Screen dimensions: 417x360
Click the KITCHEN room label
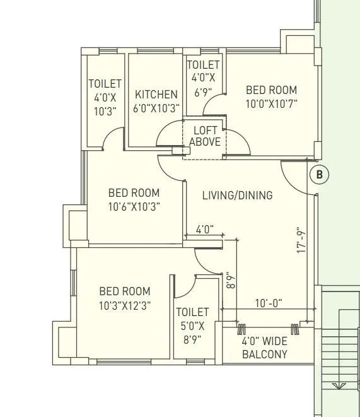(x=156, y=101)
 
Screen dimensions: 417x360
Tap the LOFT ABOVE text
(x=205, y=137)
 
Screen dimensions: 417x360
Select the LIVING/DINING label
(x=237, y=196)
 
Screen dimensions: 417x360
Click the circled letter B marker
(x=319, y=175)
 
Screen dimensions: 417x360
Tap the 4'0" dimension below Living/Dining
(x=205, y=230)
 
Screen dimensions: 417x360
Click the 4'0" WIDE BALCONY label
(x=265, y=348)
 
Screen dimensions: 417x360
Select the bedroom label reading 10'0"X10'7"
(x=271, y=97)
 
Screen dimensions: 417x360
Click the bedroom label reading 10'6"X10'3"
(x=134, y=199)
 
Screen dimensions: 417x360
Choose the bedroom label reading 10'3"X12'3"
(x=125, y=298)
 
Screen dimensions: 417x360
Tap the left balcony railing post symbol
(x=241, y=329)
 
